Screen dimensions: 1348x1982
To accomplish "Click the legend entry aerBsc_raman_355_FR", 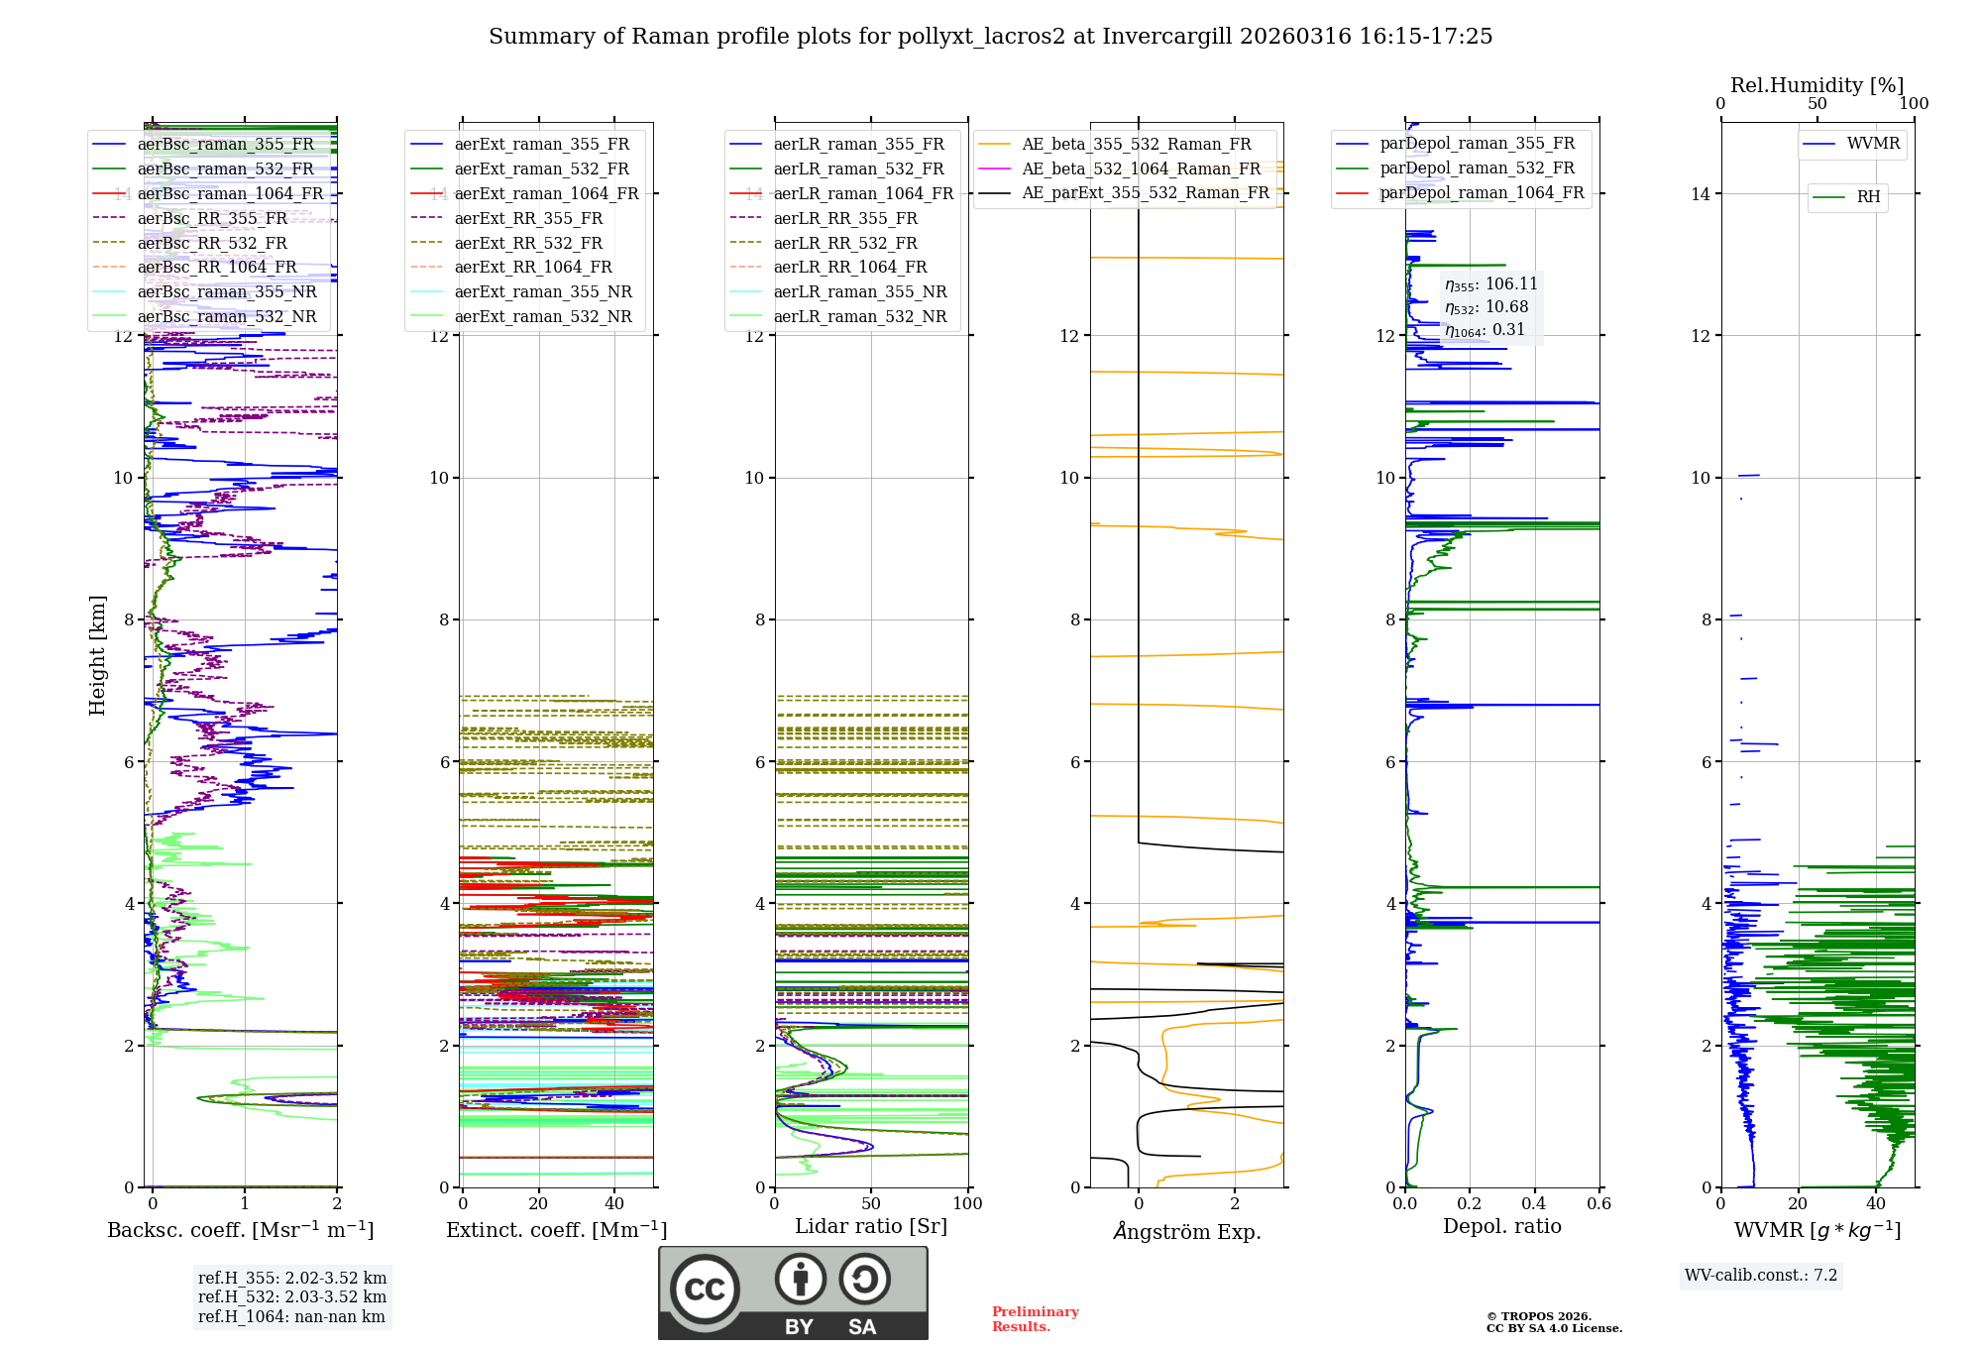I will click(225, 145).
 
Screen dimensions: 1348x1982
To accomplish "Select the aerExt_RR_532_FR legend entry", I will click(527, 243).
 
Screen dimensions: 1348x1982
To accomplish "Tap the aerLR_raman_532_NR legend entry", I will click(859, 317).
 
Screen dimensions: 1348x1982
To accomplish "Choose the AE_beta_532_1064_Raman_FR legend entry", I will click(1141, 169).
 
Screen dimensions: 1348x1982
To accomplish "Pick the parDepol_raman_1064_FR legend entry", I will click(1481, 192).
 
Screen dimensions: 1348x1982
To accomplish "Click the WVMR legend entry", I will click(1872, 144).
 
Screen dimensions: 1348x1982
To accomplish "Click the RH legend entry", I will click(1868, 197).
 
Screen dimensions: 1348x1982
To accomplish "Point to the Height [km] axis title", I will click(97, 655).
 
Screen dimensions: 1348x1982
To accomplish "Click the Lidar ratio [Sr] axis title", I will click(870, 1226).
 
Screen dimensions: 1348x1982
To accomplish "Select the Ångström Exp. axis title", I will click(1186, 1231).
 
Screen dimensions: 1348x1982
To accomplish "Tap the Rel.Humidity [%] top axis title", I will click(1817, 85).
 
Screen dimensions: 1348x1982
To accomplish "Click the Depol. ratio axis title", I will click(1501, 1226).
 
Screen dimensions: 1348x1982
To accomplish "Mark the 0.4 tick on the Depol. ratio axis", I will click(1534, 1204).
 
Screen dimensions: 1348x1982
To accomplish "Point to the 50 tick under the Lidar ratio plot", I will click(871, 1204).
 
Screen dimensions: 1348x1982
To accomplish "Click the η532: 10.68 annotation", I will click(1486, 307).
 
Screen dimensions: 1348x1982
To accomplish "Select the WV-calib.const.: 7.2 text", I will click(1760, 1275).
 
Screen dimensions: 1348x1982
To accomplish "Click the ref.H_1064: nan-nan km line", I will click(291, 1316).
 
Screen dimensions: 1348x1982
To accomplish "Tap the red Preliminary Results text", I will click(1035, 1318).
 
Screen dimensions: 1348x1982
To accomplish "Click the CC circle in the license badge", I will click(705, 1289).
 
